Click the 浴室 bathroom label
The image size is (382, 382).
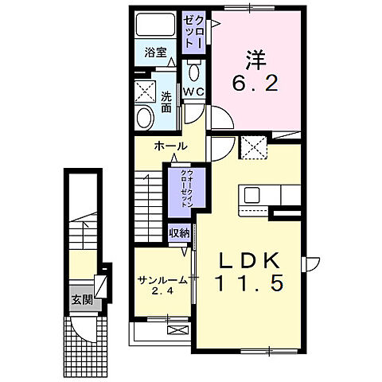[x=155, y=53]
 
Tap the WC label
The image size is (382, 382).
[x=194, y=92]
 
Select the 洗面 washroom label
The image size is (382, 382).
[x=166, y=103]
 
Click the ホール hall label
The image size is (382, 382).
[x=172, y=146]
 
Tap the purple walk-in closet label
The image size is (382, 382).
[x=184, y=188]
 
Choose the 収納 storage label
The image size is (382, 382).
[x=179, y=233]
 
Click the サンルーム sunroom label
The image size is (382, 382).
[x=162, y=280]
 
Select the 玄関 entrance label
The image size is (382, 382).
[x=81, y=299]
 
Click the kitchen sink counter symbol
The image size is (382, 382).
[x=262, y=194]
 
